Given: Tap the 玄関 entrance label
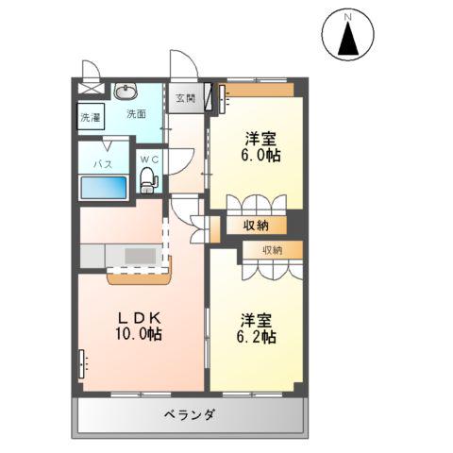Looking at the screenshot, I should [184, 98].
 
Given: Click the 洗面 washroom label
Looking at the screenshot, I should [137, 114].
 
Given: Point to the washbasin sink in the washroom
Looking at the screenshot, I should [125, 92].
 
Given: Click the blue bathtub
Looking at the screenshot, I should [103, 186].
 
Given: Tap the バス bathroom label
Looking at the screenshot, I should [102, 163].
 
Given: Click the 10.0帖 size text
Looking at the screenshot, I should [140, 334].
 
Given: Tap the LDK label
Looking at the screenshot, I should [139, 316].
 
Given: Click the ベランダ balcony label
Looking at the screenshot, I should [192, 415].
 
